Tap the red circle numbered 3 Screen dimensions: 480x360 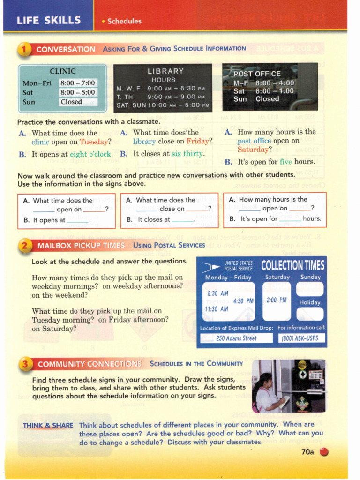point(25,363)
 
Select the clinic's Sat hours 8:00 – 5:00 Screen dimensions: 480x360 point(77,92)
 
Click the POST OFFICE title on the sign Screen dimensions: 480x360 point(257,74)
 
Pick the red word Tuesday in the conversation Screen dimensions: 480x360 point(94,142)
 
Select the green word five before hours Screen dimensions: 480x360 point(285,162)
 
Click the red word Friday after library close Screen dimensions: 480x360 point(197,141)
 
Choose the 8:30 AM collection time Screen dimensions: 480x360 point(217,293)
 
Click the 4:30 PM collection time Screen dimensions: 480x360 point(243,301)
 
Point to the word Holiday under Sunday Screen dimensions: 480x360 point(310,302)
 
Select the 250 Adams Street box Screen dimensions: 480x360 point(236,338)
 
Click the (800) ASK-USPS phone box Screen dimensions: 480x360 point(301,338)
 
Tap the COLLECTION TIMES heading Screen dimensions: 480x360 point(292,266)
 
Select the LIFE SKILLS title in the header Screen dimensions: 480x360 point(48,21)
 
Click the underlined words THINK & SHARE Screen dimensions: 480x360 point(48,426)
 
